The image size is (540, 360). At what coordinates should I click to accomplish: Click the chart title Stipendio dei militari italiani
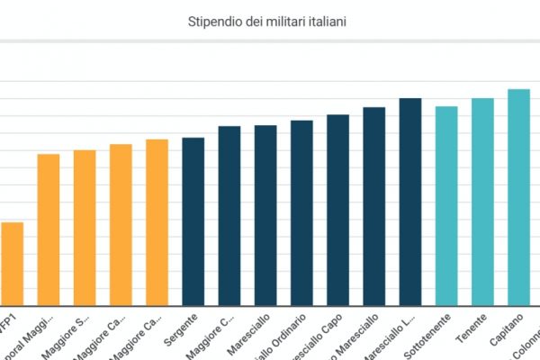(x=269, y=19)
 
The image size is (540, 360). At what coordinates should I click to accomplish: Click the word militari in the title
(x=283, y=19)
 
